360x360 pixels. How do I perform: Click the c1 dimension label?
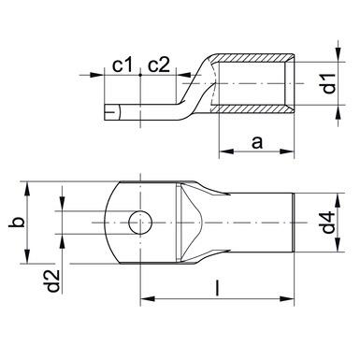[x=119, y=65]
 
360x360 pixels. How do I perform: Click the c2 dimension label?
[x=160, y=65]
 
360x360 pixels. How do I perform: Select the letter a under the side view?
[x=256, y=141]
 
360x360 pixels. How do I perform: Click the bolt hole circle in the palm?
[x=140, y=224]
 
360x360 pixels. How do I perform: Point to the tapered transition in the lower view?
[x=201, y=224]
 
